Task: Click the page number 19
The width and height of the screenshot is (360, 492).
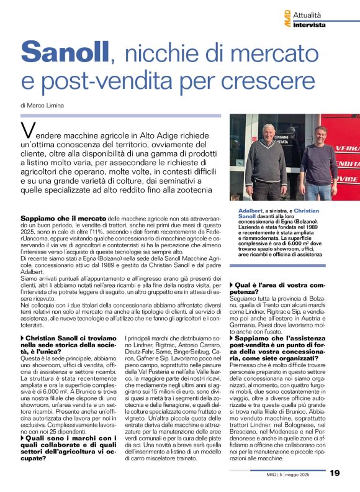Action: tap(335, 473)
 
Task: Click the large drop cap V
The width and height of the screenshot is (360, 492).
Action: tap(27, 131)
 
